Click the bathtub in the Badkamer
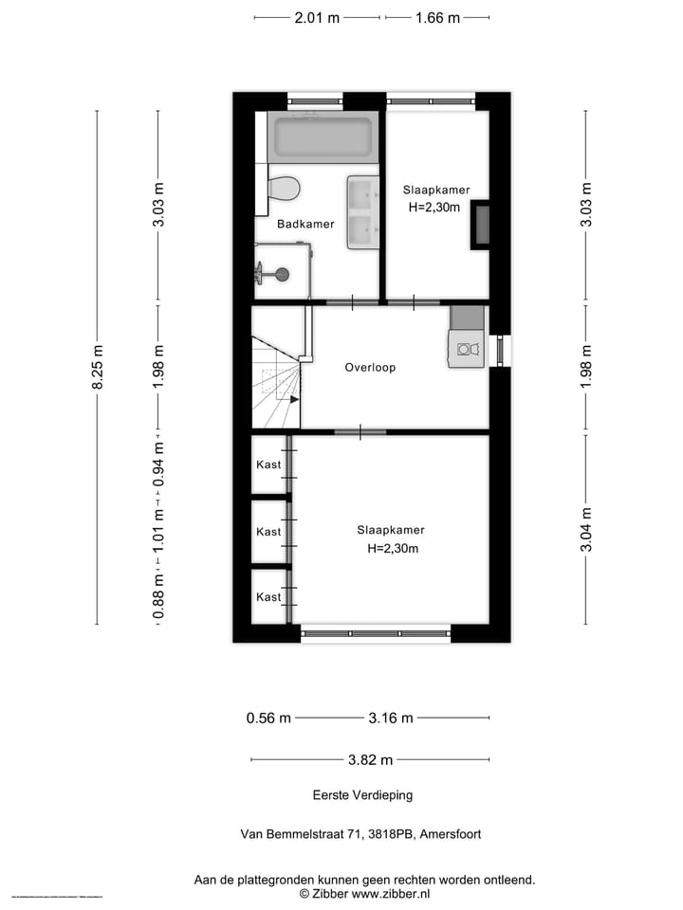323,138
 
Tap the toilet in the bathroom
284,188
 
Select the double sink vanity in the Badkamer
362,211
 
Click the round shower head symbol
281,275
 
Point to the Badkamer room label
305,225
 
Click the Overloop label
370,367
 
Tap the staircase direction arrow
294,399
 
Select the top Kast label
268,465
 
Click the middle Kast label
268,532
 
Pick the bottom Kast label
268,597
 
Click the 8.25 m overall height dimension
97,367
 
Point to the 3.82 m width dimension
370,759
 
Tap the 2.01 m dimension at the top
317,17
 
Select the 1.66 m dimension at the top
437,17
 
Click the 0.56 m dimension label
268,718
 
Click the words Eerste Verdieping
363,795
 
